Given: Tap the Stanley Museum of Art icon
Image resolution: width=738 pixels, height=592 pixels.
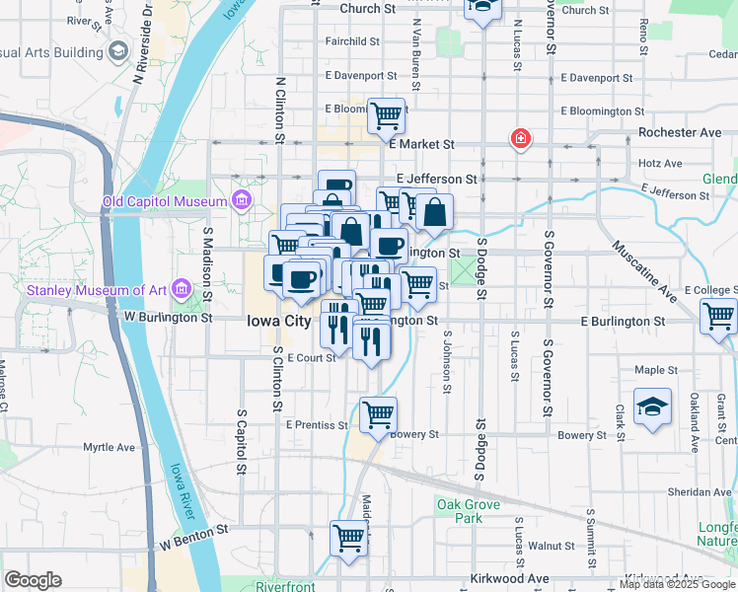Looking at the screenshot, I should click(180, 289).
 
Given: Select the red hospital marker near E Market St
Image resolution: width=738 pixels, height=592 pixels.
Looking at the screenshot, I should click(519, 140).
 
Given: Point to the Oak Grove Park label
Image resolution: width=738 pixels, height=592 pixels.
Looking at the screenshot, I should click(459, 511).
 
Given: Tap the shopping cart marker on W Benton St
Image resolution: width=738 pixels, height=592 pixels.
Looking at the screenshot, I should click(349, 539).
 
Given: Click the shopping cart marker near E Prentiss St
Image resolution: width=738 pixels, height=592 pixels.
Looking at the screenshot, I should click(378, 415).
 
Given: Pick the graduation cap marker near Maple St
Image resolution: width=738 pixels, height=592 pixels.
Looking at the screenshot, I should click(652, 407).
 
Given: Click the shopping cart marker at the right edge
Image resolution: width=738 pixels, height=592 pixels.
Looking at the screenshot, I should click(718, 318).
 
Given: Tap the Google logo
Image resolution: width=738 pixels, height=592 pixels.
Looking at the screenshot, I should click(34, 580).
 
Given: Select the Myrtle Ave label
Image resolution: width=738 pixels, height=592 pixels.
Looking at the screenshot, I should click(109, 447).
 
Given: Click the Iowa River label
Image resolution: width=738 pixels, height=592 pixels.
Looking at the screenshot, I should click(183, 491).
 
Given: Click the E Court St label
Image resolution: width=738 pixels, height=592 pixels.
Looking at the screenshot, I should click(313, 357).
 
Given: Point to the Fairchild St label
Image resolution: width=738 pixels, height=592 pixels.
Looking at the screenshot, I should click(352, 41).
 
